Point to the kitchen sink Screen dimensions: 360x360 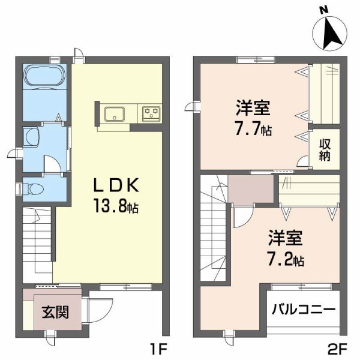[x=114, y=112]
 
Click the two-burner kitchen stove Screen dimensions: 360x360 [x=151, y=112]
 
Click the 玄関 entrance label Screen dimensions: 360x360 [x=55, y=313]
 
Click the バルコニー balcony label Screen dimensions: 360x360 [x=304, y=311]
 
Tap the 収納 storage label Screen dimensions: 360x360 [x=325, y=151]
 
